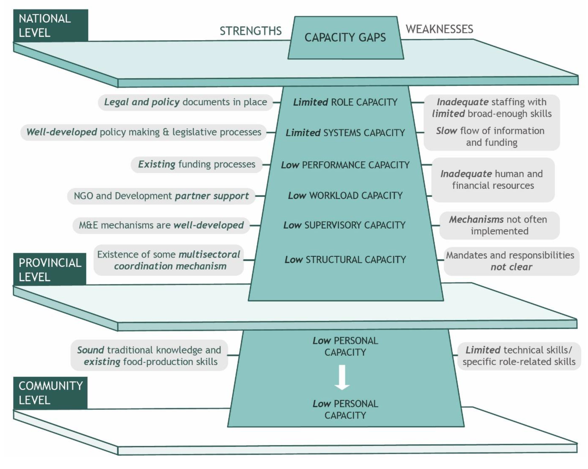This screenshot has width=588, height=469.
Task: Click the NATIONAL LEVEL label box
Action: pos(50,26)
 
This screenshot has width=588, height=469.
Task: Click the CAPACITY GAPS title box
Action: pos(345,38)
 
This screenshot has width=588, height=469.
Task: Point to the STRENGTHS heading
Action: pos(250,31)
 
